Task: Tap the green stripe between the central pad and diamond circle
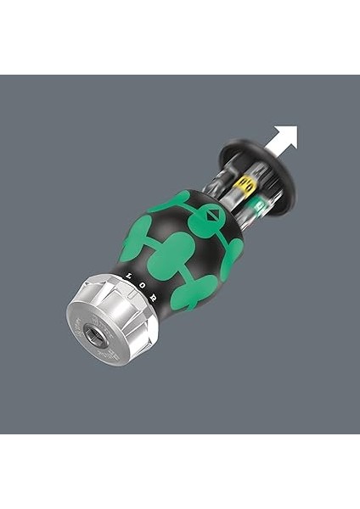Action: (193, 238)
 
